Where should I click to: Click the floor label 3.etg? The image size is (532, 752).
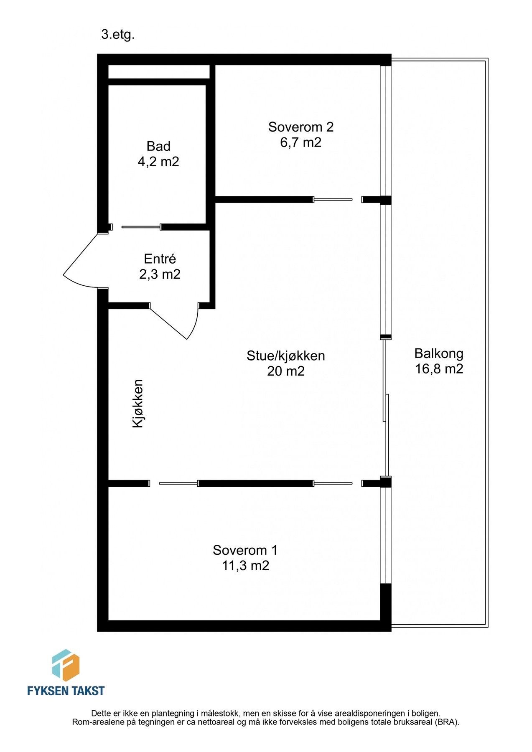[x=118, y=35]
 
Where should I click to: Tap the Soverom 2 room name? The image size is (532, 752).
[x=301, y=127]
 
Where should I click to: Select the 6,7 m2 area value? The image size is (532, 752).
[x=301, y=142]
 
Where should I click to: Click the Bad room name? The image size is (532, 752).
[x=158, y=146]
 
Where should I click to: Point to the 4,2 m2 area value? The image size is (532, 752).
[x=158, y=162]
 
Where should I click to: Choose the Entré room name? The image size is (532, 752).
[x=160, y=259]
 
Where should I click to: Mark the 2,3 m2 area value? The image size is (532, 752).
[x=160, y=274]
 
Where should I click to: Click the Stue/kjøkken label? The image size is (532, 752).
[x=286, y=356]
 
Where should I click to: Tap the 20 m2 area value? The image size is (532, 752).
[x=286, y=371]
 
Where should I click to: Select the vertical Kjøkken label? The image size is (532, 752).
[x=138, y=404]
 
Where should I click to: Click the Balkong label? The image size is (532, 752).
[x=439, y=354]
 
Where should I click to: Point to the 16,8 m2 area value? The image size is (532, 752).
[x=439, y=369]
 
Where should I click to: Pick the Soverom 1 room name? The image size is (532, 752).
[x=245, y=550]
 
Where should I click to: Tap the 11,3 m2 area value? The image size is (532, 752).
[x=245, y=566]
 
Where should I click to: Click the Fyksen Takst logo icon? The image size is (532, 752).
[x=66, y=666]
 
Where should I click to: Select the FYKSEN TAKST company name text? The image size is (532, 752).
[x=66, y=691]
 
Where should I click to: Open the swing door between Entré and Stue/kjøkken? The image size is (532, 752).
[x=173, y=322]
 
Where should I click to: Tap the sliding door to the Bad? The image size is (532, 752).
[x=141, y=227]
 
